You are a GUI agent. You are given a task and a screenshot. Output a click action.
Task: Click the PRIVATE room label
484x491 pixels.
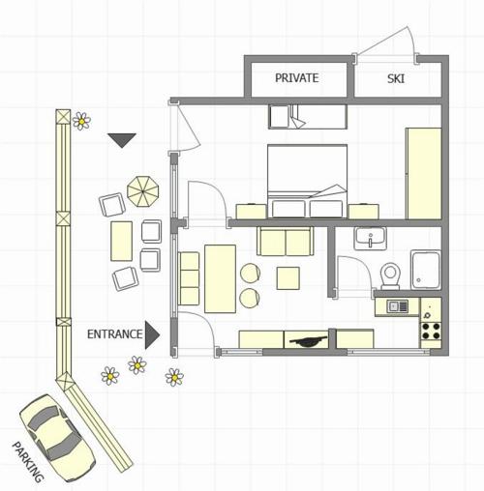[296, 78]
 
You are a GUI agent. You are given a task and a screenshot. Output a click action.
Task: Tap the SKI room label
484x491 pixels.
[396, 78]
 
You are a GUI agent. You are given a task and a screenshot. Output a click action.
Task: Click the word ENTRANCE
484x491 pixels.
[114, 334]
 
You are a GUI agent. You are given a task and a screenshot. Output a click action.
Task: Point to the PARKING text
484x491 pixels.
[27, 462]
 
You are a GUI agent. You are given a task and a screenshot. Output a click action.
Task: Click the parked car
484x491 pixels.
[57, 438]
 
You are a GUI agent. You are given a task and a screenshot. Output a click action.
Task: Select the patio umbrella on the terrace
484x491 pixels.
[143, 191]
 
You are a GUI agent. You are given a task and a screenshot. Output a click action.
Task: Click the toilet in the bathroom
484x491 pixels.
[390, 276]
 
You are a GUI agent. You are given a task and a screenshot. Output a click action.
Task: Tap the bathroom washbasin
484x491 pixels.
[371, 239]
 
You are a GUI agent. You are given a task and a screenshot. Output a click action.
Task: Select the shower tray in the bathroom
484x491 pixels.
[426, 271]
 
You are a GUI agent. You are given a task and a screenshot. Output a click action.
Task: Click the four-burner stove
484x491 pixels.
[431, 331]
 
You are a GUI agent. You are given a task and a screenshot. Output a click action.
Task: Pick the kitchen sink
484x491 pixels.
[397, 306]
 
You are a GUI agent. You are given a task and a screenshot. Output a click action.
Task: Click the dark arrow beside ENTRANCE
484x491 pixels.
[152, 335]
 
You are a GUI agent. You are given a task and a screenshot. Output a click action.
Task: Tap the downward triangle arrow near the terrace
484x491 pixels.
[122, 140]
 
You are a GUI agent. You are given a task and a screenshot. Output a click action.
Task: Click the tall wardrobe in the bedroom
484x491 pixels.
[424, 174]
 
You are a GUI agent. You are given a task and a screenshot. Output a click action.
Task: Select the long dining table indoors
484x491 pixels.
[220, 278]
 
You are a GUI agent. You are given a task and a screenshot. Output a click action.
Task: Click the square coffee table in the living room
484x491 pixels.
[287, 277]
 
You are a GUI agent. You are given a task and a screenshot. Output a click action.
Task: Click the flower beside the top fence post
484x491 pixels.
[81, 121]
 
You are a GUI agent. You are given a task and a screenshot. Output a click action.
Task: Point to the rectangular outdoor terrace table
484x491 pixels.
[121, 241]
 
